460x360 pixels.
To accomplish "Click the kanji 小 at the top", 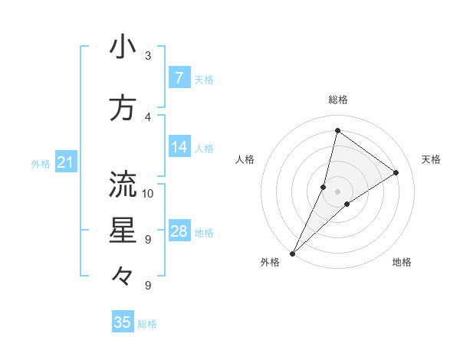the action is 123,47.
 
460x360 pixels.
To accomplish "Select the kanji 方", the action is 123,108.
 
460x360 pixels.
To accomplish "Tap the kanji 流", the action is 123,185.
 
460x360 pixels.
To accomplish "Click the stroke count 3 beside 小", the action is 148,56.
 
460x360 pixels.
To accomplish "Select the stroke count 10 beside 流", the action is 149,193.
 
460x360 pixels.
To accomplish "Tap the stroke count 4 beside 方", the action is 148,116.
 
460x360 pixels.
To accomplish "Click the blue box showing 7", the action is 179,77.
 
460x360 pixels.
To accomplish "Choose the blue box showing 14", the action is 179,147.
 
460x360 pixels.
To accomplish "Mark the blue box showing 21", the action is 65,162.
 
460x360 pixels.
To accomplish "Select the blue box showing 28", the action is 179,231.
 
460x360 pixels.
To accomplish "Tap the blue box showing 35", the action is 123,322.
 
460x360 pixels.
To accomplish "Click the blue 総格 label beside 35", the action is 147,324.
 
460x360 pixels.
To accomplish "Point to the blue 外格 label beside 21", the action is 41,163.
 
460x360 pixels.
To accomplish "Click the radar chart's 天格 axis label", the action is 431,159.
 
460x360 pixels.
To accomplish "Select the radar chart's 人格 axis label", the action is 245,159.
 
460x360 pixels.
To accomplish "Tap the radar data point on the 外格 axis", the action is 292,253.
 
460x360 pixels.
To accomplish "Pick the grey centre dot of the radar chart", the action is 337,191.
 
